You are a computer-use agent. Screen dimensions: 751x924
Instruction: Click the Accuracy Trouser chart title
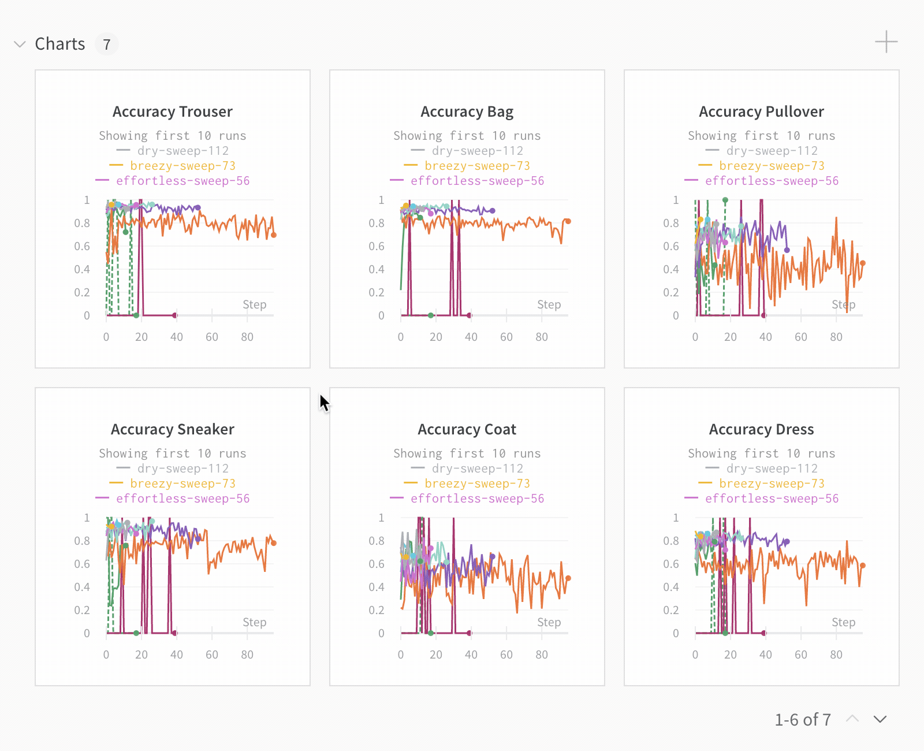click(172, 111)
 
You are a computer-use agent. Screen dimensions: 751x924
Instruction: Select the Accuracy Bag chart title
click(467, 111)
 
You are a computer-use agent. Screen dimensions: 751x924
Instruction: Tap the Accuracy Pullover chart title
click(761, 111)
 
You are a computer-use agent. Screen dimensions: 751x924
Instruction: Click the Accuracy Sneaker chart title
click(172, 429)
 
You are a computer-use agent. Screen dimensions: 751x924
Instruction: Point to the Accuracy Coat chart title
click(467, 429)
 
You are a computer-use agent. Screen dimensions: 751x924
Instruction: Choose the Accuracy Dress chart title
click(761, 429)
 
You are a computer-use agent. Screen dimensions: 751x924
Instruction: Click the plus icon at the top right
click(886, 42)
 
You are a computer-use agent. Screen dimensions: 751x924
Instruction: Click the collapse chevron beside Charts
click(20, 44)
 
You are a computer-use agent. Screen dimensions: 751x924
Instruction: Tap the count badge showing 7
click(107, 44)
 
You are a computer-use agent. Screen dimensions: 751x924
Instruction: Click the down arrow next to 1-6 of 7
click(880, 719)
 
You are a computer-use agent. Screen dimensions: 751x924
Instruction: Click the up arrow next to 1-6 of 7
click(852, 719)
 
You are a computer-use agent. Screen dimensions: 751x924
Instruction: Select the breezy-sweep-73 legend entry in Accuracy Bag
click(477, 166)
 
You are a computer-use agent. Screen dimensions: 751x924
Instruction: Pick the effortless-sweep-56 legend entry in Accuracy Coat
click(477, 499)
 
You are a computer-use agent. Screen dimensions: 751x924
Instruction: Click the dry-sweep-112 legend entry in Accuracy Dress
click(772, 469)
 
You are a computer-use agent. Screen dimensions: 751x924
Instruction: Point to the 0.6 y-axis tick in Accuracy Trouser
click(82, 246)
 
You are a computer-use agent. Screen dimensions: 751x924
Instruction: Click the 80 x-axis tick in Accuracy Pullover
click(836, 337)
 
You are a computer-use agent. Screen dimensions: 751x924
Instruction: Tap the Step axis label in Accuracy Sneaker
click(254, 622)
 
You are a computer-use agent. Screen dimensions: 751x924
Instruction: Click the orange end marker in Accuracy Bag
click(568, 221)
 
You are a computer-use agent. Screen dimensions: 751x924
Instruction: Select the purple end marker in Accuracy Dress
click(787, 541)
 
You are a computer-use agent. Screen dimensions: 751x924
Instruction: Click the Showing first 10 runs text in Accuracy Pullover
click(761, 136)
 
